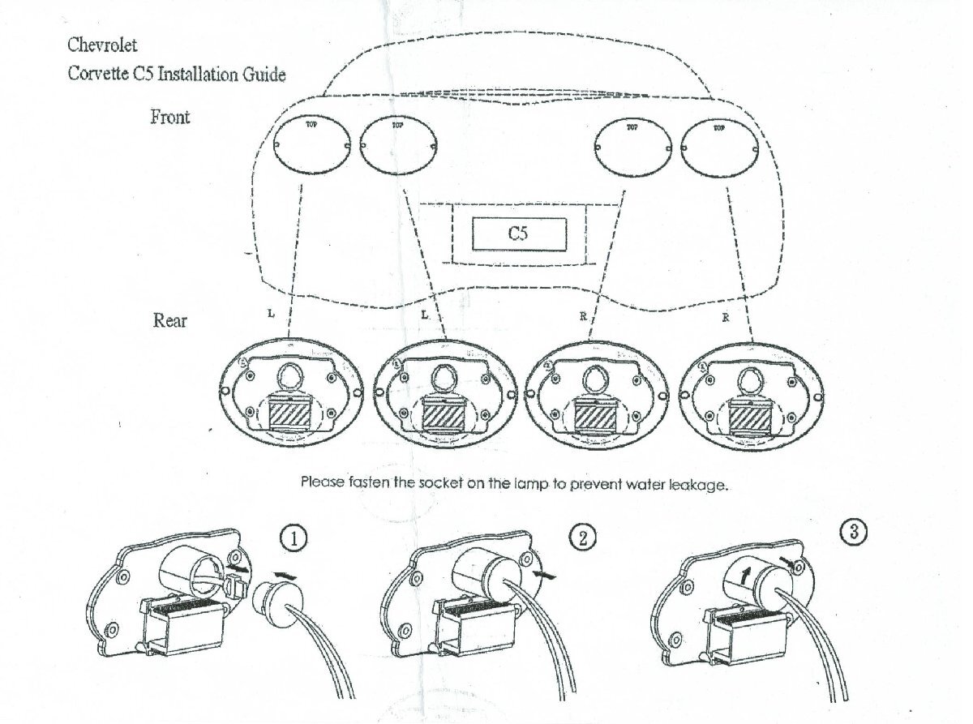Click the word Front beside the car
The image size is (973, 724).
(x=170, y=118)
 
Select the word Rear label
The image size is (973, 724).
(x=170, y=320)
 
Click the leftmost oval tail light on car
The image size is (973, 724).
(x=312, y=146)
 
